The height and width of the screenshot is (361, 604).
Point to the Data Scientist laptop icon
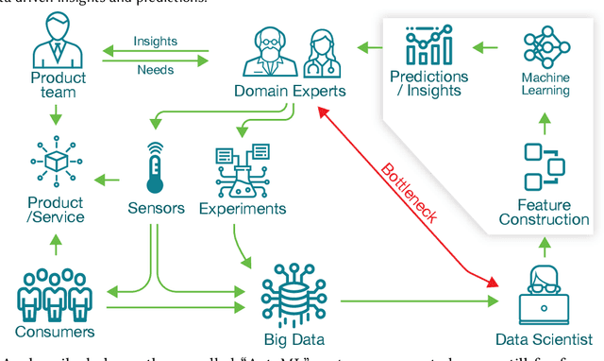point(545,294)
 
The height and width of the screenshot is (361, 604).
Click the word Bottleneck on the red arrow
point(410,193)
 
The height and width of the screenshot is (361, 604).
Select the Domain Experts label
point(289,92)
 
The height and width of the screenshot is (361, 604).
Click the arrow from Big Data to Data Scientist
point(415,301)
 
